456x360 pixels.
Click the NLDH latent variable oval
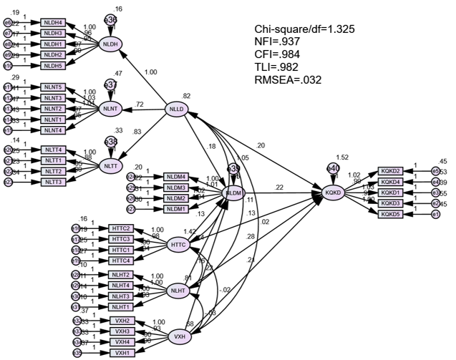[110, 45]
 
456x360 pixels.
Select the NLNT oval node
[110, 108]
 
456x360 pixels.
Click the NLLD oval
[177, 109]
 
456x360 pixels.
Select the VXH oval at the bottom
[178, 335]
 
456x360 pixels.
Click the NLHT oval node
[178, 291]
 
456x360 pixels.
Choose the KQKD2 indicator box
[390, 172]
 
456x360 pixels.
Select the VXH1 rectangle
[122, 353]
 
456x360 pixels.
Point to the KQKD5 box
[390, 213]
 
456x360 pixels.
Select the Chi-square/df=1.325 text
[304, 29]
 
